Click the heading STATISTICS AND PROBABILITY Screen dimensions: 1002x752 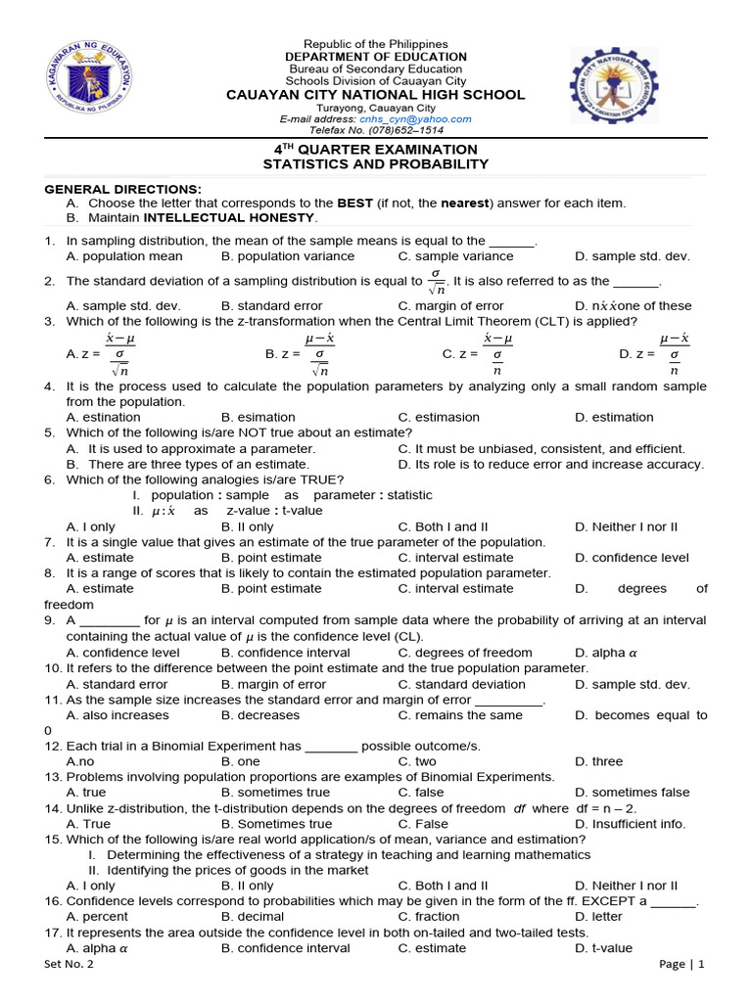(x=375, y=164)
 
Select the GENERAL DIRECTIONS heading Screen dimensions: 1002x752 (x=122, y=189)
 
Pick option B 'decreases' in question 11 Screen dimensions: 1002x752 (x=260, y=715)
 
